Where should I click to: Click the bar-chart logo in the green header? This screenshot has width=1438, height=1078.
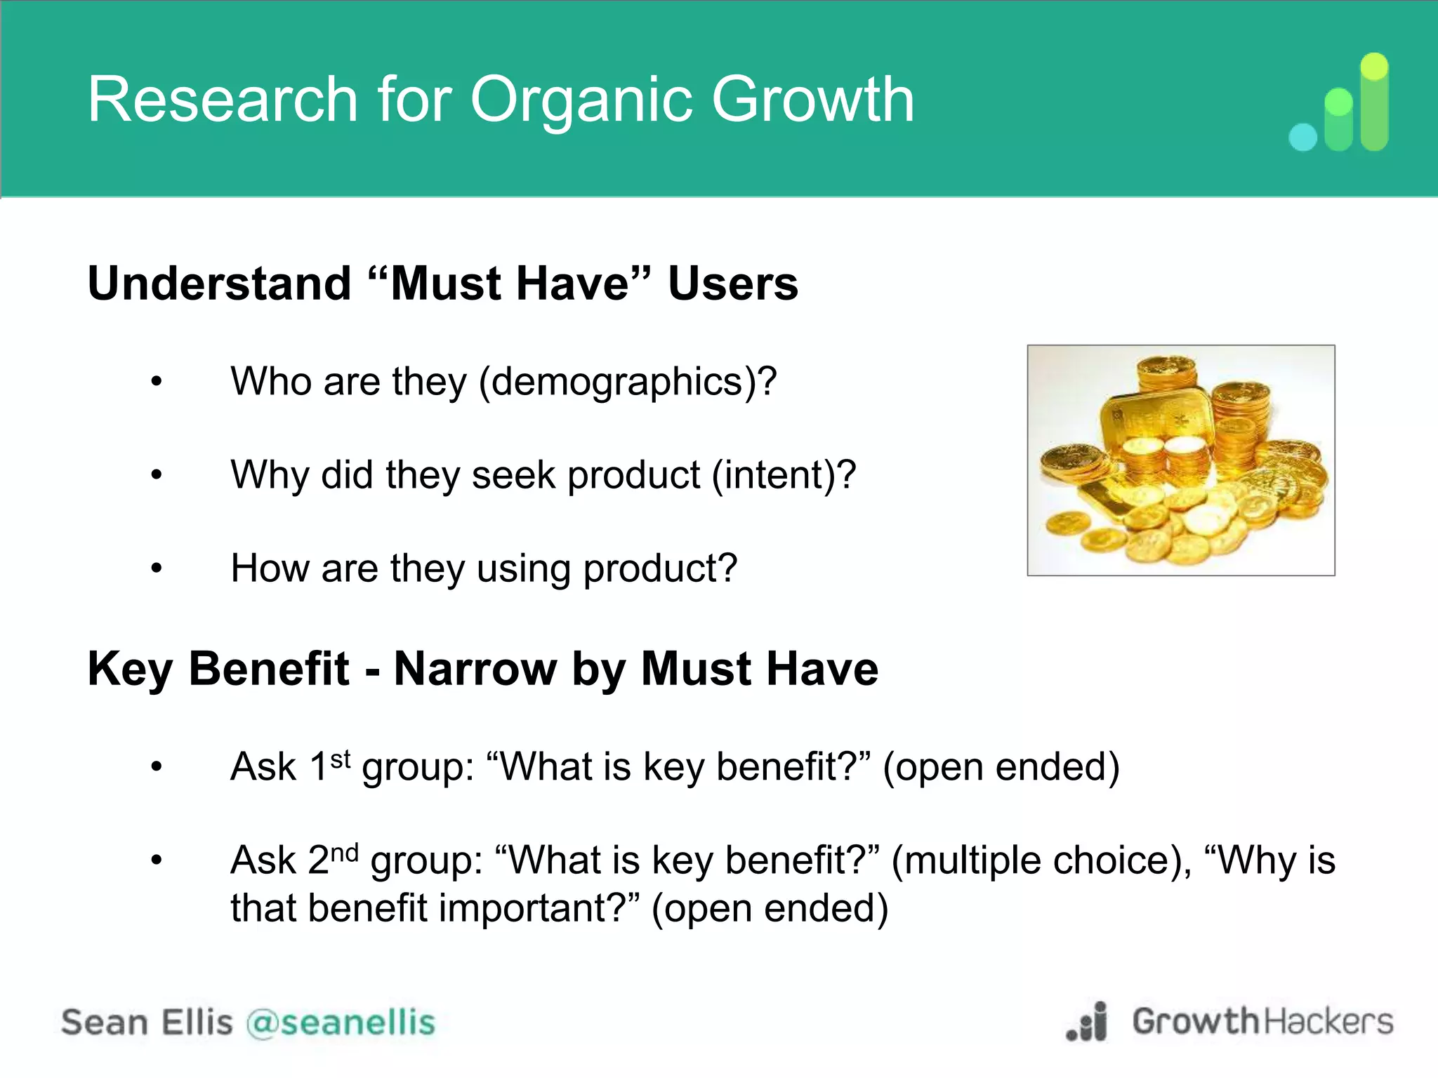tap(1340, 104)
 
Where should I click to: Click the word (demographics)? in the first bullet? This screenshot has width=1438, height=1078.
tap(628, 382)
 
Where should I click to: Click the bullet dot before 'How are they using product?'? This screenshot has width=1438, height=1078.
tap(157, 568)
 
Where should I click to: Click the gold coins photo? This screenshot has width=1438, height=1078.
tap(1180, 460)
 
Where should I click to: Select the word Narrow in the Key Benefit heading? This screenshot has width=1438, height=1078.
tap(475, 669)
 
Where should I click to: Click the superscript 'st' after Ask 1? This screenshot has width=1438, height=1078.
tap(340, 759)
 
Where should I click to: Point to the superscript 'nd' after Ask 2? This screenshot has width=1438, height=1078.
tap(344, 853)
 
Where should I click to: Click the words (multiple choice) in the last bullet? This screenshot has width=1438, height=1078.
tap(1041, 861)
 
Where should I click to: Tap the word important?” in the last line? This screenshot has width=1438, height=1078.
tap(538, 908)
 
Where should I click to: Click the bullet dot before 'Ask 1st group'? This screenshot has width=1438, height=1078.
tap(157, 767)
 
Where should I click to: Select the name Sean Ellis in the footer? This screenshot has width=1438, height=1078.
tap(146, 1023)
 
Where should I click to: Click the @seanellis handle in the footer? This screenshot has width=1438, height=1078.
tap(341, 1023)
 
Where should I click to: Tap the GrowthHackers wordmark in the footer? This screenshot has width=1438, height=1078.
tap(1262, 1021)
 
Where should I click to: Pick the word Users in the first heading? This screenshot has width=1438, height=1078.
tap(732, 284)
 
